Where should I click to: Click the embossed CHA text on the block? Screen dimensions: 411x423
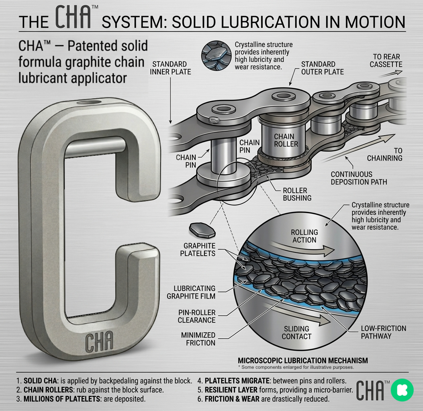(x=99, y=342)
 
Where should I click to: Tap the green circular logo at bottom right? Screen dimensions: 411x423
(x=402, y=390)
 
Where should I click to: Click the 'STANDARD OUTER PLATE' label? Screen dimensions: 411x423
(x=322, y=68)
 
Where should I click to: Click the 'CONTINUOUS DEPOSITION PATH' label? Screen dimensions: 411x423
(x=359, y=178)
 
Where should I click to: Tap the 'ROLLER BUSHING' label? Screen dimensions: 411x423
(x=298, y=194)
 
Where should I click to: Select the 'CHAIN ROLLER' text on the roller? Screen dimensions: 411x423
(x=286, y=140)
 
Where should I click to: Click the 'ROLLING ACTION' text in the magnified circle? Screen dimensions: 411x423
(x=304, y=236)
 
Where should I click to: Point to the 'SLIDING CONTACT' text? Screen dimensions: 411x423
(x=296, y=333)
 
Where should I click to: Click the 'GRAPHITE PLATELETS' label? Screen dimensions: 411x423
(x=199, y=249)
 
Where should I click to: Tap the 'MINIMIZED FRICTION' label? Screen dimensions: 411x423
(x=198, y=339)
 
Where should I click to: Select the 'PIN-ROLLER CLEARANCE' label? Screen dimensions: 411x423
(x=196, y=316)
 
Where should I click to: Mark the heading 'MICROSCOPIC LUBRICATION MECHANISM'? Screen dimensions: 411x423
(x=302, y=360)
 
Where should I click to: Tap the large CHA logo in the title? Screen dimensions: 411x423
(x=76, y=18)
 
